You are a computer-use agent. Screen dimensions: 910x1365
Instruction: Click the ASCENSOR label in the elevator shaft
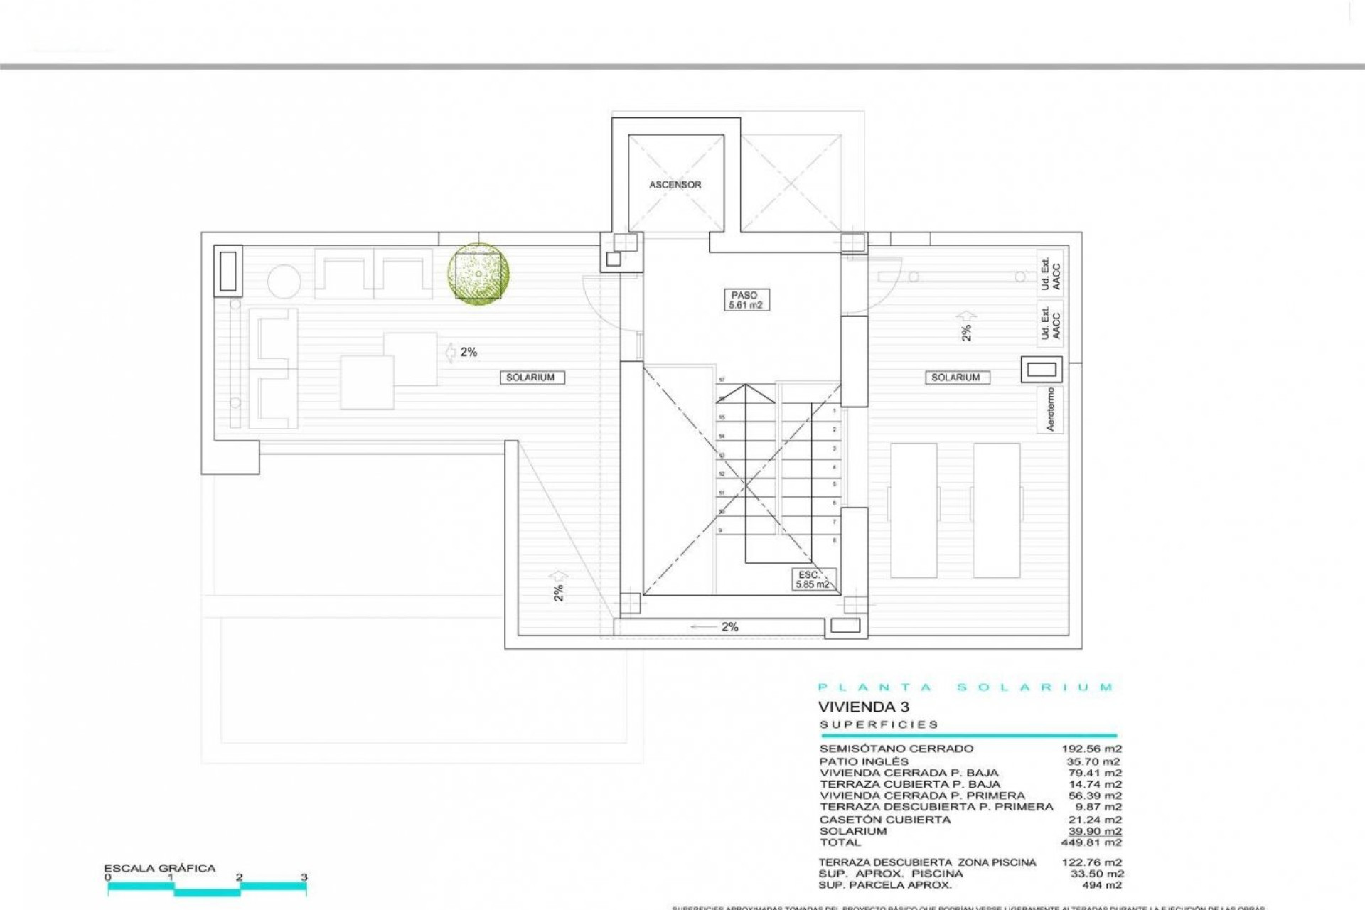point(675,185)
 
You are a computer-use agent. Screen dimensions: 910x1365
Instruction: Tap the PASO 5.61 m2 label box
point(744,300)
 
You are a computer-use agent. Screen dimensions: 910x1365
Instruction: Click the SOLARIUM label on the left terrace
point(530,378)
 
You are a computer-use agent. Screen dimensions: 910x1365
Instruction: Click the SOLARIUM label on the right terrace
point(955,378)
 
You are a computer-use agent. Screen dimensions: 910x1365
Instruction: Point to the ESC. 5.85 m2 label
point(813,579)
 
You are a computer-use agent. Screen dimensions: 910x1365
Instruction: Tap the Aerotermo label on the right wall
point(1050,409)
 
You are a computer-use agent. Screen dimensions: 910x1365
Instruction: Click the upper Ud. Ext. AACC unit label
point(1050,271)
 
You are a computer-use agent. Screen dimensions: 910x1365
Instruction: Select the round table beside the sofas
point(284,282)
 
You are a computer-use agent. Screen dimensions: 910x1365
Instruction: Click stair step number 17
point(722,380)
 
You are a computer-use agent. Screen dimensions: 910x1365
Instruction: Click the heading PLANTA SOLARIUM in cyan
point(965,687)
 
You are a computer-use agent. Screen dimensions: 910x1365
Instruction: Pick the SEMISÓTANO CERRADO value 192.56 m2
point(1091,749)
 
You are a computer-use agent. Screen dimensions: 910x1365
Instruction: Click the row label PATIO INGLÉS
point(864,761)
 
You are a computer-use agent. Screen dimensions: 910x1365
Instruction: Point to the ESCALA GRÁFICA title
point(159,868)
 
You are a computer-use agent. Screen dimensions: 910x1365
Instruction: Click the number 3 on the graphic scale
point(304,877)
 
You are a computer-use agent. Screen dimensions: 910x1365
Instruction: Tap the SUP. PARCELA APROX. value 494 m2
point(1101,885)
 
